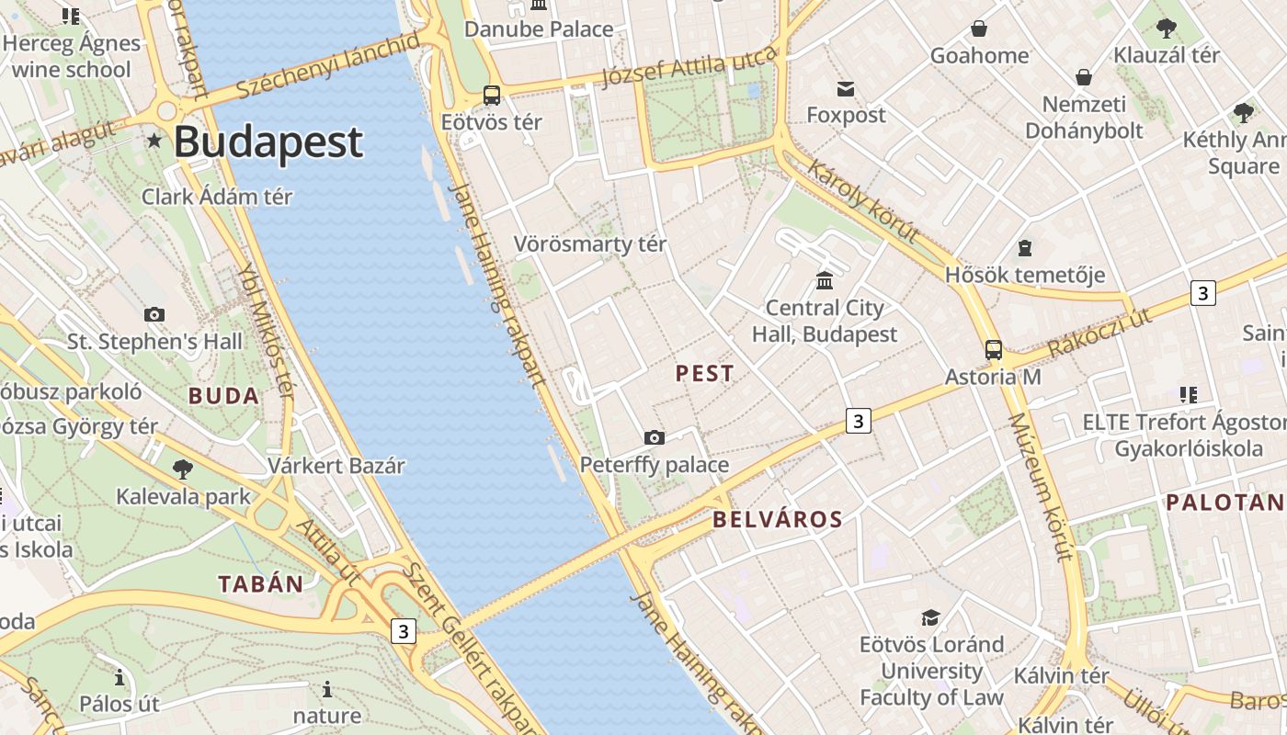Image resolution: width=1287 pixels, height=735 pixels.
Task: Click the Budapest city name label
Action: tap(268, 142)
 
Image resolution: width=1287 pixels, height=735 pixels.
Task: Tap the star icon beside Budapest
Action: tap(154, 141)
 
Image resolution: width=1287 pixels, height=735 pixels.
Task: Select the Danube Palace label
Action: tap(539, 29)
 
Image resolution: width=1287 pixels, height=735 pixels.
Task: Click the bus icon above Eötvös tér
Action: tap(492, 96)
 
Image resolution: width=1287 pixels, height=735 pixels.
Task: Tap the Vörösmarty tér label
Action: tap(590, 244)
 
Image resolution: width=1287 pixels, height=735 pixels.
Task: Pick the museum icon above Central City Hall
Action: tap(825, 280)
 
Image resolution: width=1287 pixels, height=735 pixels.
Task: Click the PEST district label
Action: tap(705, 373)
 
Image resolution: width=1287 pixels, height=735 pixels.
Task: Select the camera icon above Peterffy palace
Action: tap(655, 437)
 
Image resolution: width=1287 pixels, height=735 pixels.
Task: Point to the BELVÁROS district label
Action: tap(778, 519)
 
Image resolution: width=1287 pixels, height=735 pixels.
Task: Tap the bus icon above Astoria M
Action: tap(994, 350)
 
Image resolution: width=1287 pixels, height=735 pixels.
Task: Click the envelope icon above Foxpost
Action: tap(846, 89)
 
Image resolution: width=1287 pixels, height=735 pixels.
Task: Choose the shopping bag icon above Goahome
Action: tap(979, 29)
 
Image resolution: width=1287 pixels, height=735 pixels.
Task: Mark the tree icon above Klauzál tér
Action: tap(1167, 28)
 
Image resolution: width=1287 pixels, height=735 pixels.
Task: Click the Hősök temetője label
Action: tap(1025, 275)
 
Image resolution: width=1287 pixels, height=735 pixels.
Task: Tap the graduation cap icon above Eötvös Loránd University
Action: tap(931, 617)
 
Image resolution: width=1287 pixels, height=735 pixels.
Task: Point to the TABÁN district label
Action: tap(260, 583)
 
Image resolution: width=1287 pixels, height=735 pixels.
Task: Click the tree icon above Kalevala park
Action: tap(183, 469)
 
